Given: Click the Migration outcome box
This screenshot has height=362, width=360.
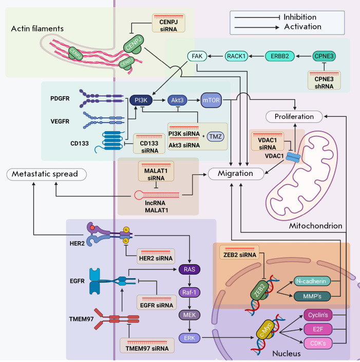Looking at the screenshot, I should pos(236,174).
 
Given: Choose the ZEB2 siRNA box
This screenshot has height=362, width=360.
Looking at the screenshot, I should pos(236,252).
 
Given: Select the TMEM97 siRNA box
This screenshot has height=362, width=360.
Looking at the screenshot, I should pos(147,346).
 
